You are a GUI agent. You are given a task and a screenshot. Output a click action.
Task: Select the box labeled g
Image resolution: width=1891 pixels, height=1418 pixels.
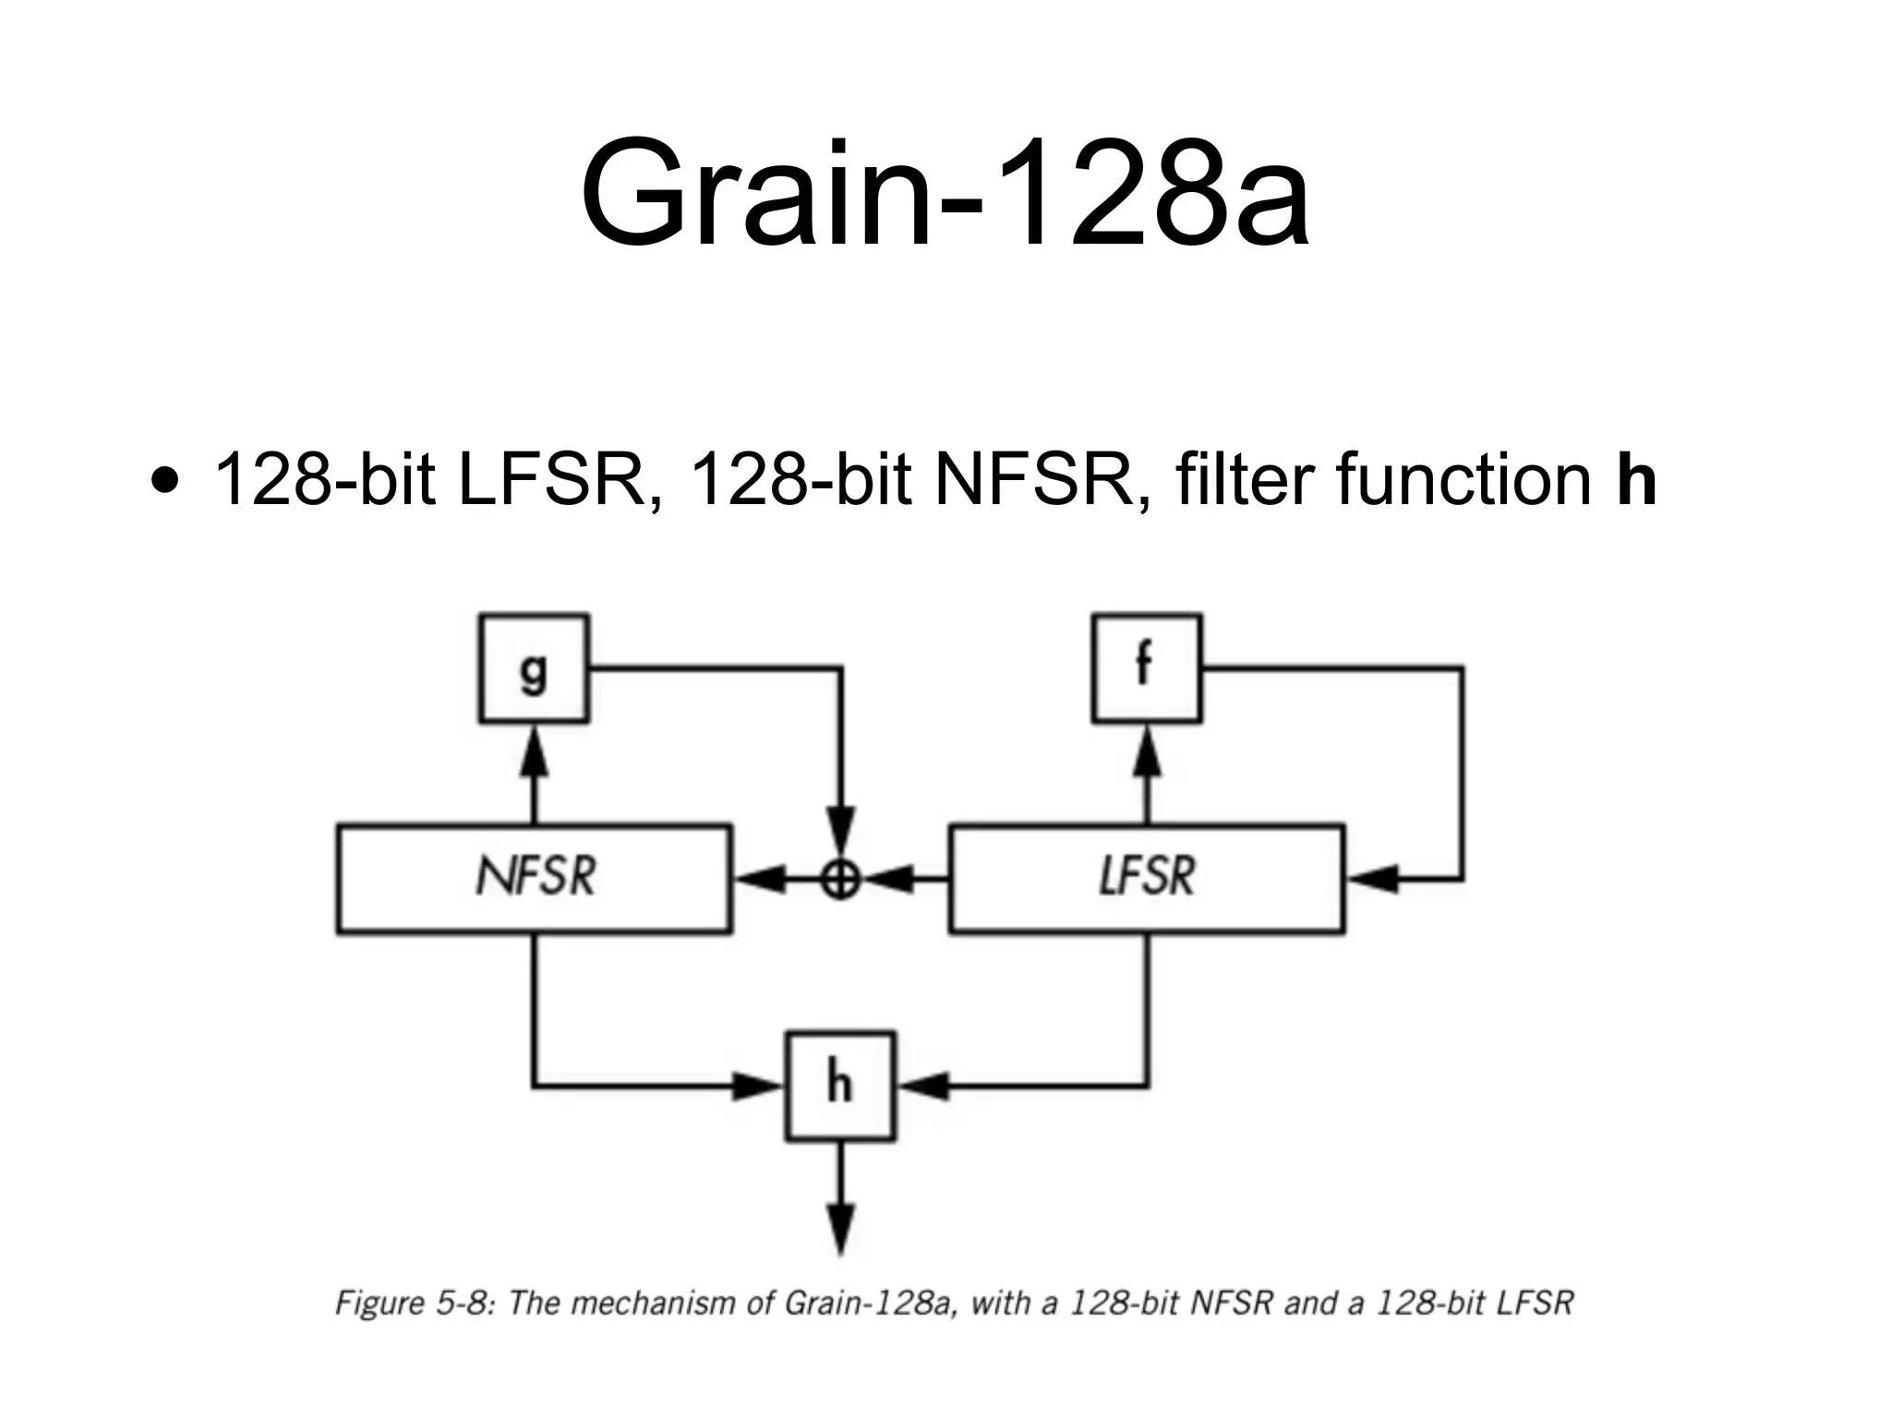(534, 667)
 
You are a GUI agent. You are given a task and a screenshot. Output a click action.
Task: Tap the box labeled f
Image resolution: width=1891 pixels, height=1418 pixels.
(1147, 667)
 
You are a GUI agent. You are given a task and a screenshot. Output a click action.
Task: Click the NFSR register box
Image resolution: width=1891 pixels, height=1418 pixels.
(534, 878)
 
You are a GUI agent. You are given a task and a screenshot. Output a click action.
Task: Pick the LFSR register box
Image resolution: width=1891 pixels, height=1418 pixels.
(1147, 878)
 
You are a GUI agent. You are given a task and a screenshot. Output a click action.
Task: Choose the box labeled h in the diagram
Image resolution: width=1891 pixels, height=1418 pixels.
(840, 1086)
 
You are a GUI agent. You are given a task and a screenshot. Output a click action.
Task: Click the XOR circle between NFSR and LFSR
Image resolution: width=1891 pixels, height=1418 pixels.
(840, 880)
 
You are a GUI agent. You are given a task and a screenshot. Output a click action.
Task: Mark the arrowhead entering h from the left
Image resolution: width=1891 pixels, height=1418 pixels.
(759, 1086)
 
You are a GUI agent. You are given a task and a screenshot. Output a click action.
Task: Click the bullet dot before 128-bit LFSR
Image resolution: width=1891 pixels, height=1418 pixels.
(165, 482)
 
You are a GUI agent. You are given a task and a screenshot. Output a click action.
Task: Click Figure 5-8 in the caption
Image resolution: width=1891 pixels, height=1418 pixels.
(416, 1303)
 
